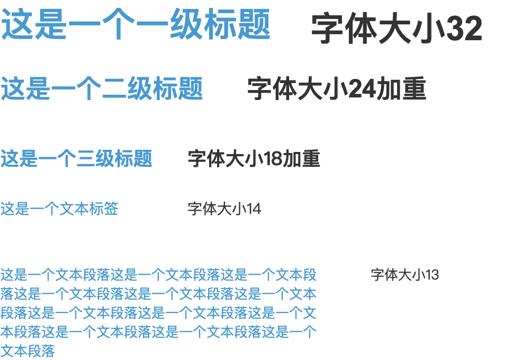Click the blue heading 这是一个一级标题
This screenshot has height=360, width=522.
[x=136, y=24]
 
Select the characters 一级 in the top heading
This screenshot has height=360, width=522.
[x=186, y=24]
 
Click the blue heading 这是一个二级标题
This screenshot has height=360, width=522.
[x=102, y=88]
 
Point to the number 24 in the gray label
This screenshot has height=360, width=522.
[x=363, y=89]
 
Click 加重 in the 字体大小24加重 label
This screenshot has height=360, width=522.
[x=401, y=89]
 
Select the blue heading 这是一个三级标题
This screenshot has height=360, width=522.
[x=76, y=158]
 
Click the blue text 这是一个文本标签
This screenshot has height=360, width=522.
[x=59, y=209]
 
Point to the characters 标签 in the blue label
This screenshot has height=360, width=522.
[x=104, y=209]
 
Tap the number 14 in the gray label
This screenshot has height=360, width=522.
[x=254, y=209]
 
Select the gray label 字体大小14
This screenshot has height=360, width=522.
[x=224, y=209]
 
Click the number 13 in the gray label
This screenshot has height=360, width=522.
[x=431, y=275]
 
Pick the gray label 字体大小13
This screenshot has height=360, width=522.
[x=404, y=275]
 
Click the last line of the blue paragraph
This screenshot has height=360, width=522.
[x=28, y=351]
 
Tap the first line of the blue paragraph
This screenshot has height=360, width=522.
[x=158, y=275]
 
